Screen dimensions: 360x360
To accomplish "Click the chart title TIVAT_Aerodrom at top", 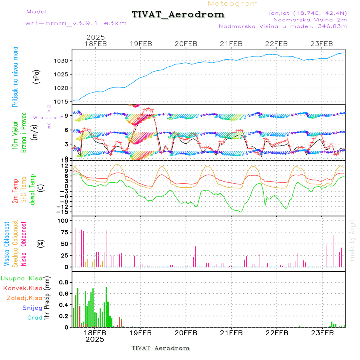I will [x=178, y=14].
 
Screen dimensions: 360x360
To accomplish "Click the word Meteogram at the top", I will [x=233, y=4].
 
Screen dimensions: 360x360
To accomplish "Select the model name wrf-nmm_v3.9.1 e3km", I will [x=76, y=23].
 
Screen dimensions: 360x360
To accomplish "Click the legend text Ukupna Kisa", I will [x=22, y=278].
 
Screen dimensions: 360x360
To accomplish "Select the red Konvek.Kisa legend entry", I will [x=23, y=288].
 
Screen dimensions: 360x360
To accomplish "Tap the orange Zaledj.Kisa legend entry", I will [x=24, y=298].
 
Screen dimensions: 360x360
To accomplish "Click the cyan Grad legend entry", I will [x=35, y=318].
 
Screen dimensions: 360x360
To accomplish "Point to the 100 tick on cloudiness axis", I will [x=64, y=220].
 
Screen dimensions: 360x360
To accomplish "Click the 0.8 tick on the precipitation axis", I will [x=64, y=282].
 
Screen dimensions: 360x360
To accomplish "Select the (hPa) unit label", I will [x=37, y=76].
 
